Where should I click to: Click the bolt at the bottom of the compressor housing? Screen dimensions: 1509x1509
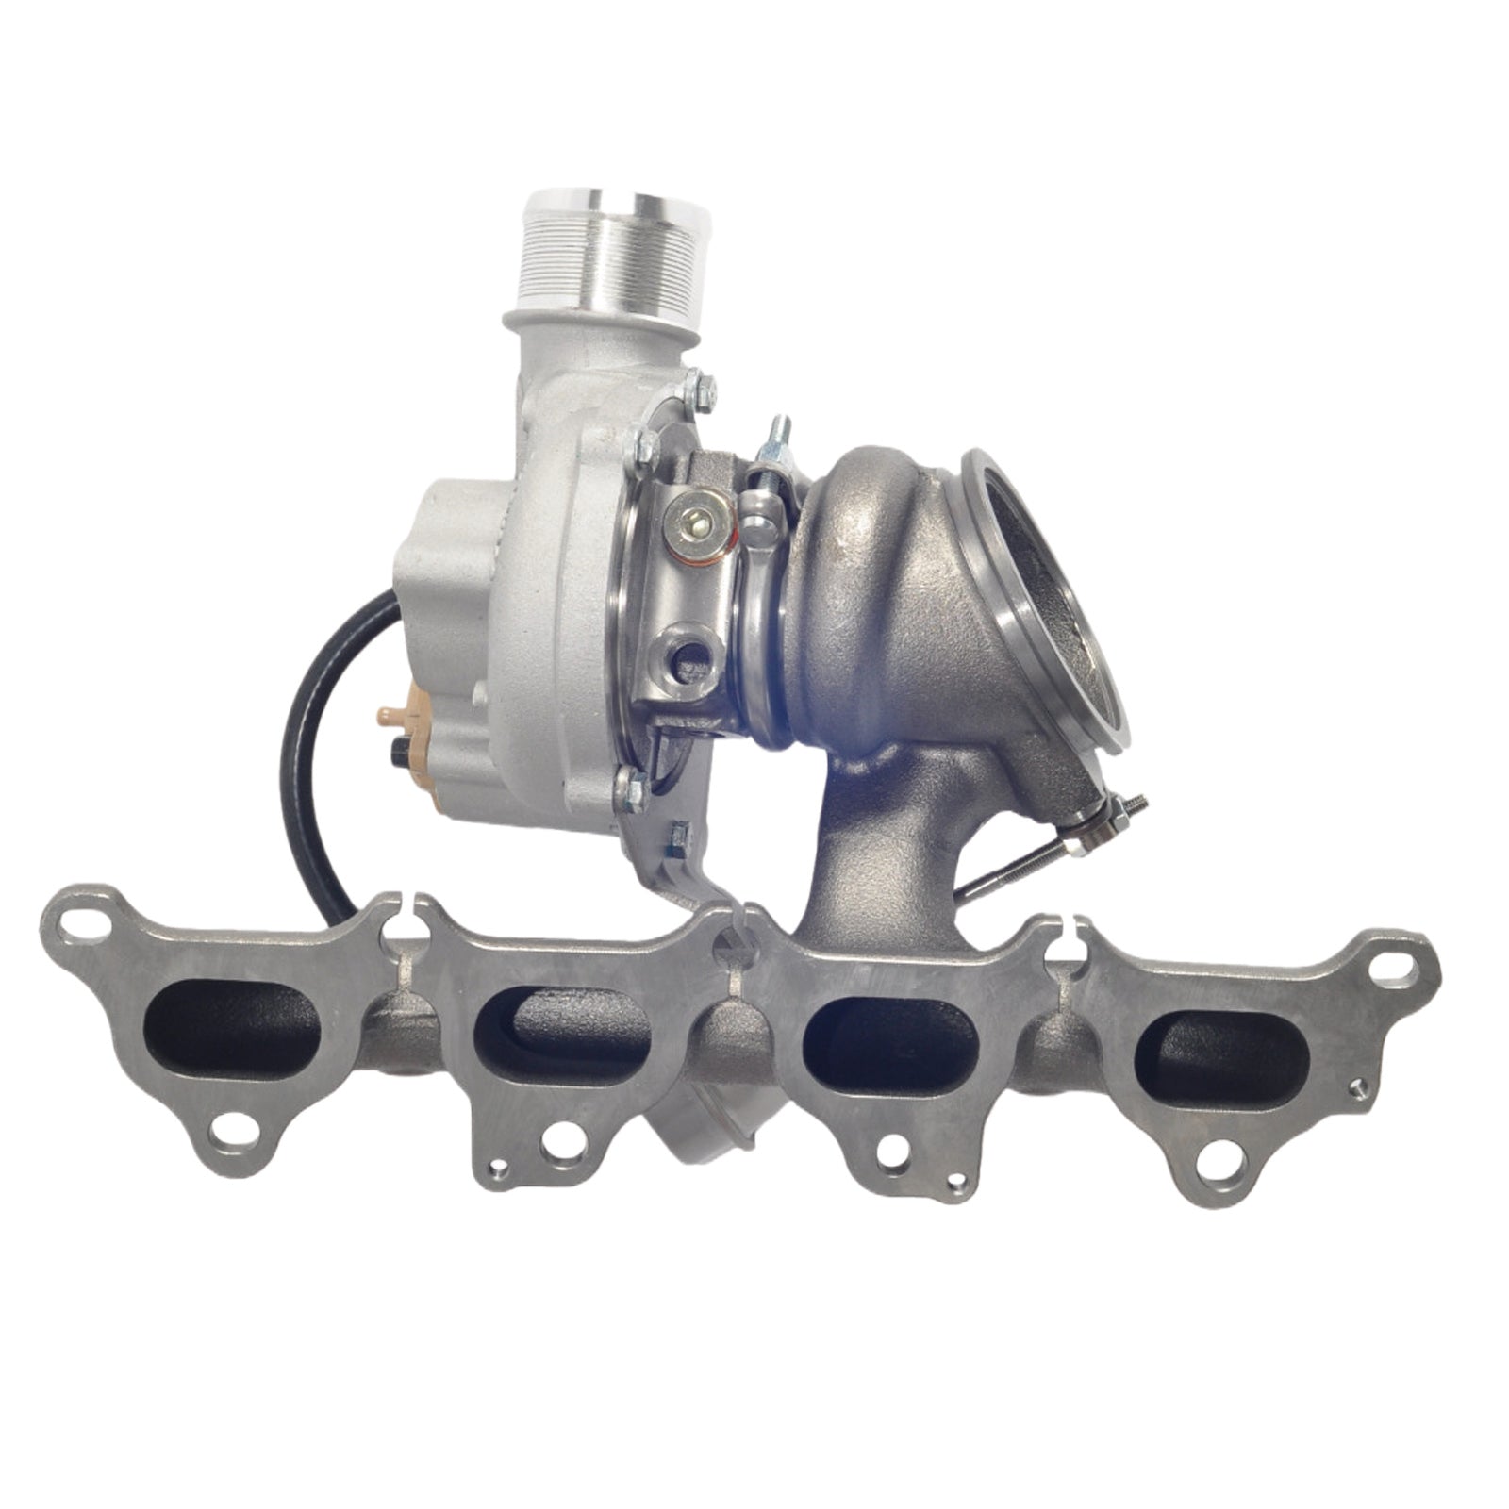628,783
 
